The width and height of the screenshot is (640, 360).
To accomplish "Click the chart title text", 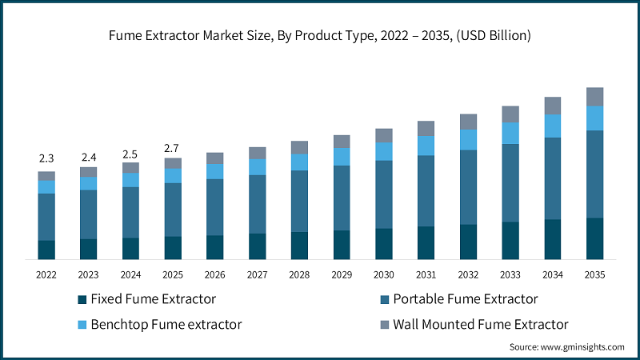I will pos(320,36).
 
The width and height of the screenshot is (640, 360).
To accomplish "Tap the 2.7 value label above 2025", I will pos(173,148).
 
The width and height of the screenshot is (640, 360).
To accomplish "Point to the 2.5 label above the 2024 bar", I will pos(130,154).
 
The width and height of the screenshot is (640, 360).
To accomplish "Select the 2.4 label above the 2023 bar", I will pos(88,157).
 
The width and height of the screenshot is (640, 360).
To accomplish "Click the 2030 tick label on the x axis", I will pos(383,274).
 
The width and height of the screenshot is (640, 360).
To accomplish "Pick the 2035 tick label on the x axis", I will pos(594,274).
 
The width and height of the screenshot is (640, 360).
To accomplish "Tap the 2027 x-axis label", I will pos(257,274).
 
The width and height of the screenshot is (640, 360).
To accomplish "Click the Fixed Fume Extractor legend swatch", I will pos(81,300).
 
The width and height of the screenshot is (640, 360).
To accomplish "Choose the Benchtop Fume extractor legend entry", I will pos(166,324).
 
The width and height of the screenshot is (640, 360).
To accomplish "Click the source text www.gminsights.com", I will pos(566,347).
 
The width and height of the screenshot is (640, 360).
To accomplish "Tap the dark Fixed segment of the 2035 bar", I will pos(594,238).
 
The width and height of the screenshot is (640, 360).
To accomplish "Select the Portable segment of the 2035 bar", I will pos(594,174).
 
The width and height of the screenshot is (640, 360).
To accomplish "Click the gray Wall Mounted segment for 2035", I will pos(594,97).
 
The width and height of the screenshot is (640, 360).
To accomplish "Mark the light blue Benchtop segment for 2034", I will pos(552,126).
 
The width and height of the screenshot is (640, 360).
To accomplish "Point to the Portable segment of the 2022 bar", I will pos(46,217).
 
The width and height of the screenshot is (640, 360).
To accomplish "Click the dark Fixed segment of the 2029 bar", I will pos(342,245).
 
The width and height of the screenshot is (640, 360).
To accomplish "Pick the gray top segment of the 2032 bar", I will pos(468,122).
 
